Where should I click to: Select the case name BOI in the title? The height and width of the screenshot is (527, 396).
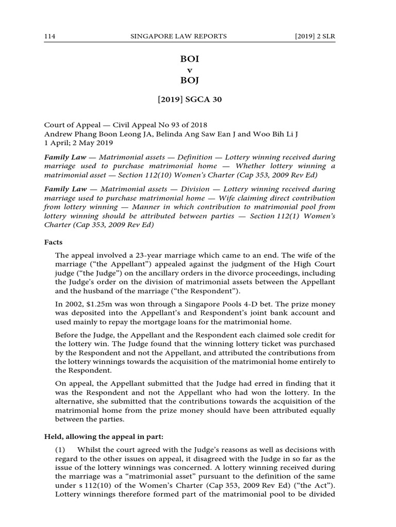tap(189, 59)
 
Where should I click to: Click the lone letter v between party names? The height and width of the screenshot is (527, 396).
tap(189, 70)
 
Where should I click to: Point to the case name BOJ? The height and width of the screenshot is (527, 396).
tap(189, 81)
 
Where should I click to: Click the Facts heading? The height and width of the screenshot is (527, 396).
tap(54, 240)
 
